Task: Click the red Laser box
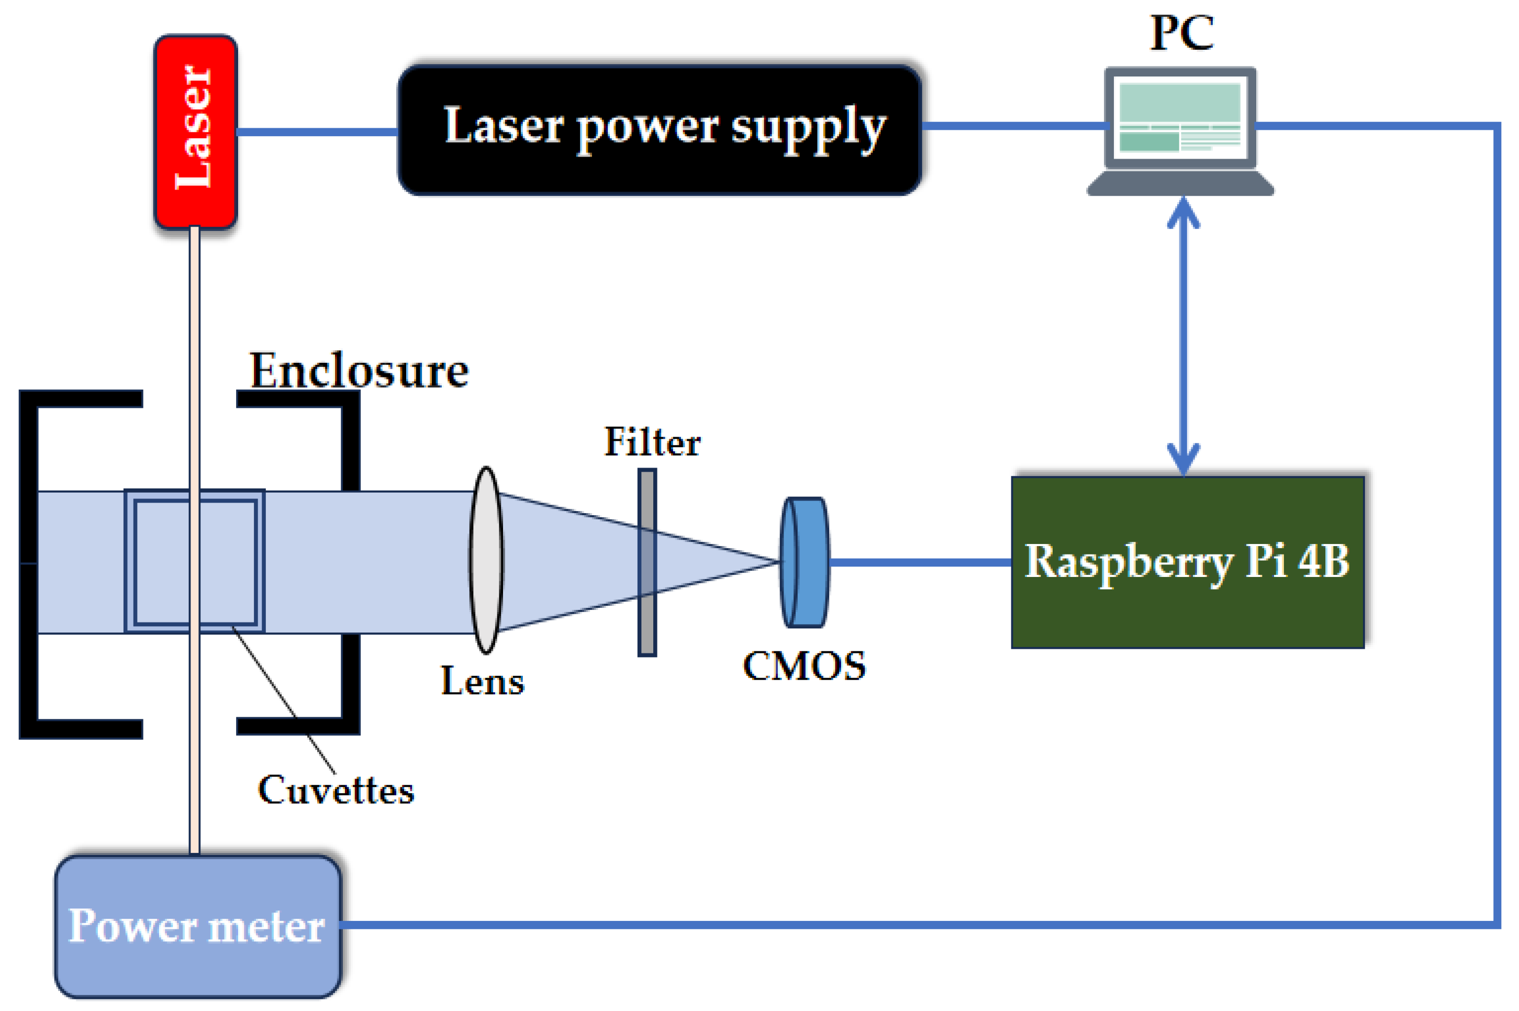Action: (x=195, y=131)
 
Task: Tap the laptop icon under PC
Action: (x=1180, y=131)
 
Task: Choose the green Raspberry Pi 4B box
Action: (x=1188, y=562)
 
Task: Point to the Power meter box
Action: (x=198, y=927)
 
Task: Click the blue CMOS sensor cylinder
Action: (x=805, y=562)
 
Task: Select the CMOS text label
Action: (x=805, y=666)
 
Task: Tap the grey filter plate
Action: (x=647, y=563)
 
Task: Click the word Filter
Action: (x=652, y=442)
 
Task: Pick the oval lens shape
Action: (x=486, y=560)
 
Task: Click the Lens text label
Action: (x=483, y=681)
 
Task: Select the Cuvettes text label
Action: (x=336, y=791)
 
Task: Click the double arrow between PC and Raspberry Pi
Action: (x=1183, y=336)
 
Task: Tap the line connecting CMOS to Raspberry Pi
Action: (x=920, y=562)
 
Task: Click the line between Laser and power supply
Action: (x=318, y=131)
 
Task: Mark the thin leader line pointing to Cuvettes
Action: (x=284, y=699)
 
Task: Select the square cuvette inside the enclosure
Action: (x=195, y=561)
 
